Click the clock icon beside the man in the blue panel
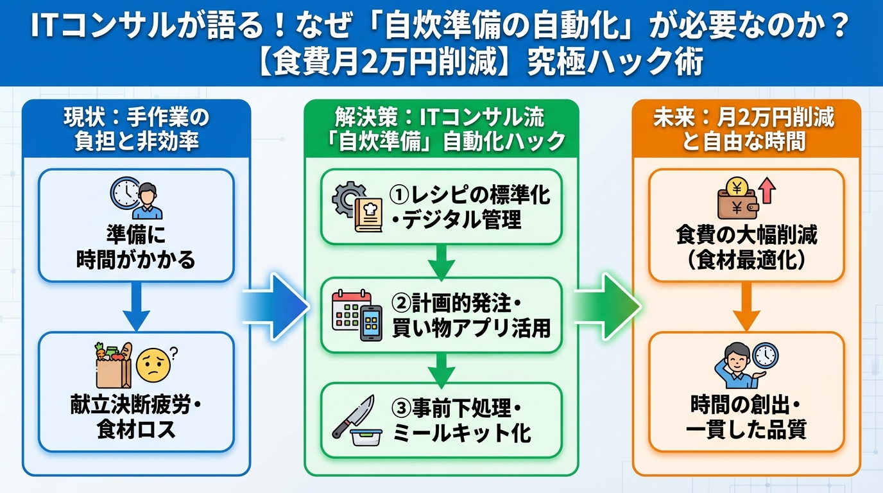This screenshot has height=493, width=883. pos(124,192)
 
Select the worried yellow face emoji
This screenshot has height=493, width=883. pos(154,365)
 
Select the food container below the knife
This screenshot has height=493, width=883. pos(366,437)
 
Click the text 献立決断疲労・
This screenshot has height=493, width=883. pos(136,405)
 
